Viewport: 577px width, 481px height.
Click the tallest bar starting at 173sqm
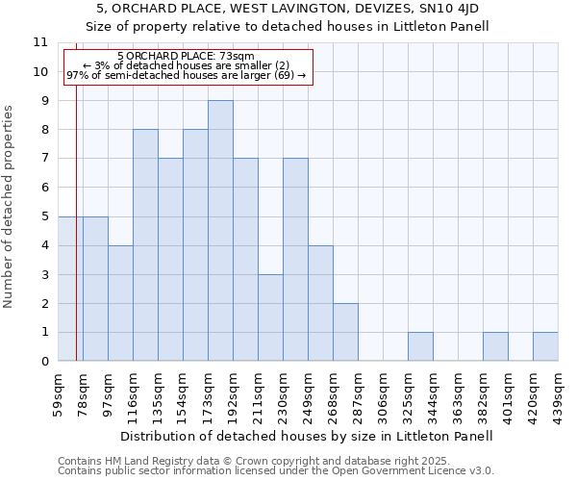click(x=220, y=231)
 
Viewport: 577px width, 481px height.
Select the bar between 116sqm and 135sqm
click(x=145, y=245)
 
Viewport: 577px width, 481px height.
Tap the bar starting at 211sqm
click(x=270, y=317)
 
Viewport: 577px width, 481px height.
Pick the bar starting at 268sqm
click(x=345, y=332)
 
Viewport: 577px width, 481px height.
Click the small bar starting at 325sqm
click(x=420, y=346)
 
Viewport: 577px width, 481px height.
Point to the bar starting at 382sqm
click(x=495, y=346)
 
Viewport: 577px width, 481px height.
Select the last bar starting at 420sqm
click(x=545, y=346)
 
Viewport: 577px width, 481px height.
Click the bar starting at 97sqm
click(x=120, y=303)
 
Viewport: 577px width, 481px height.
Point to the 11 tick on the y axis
click(x=40, y=42)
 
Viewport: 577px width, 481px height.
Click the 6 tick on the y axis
click(x=42, y=188)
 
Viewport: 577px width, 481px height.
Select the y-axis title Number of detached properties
click(x=9, y=207)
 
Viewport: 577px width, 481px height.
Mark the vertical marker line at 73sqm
click(x=76, y=240)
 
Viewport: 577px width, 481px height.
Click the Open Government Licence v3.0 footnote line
click(x=276, y=470)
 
